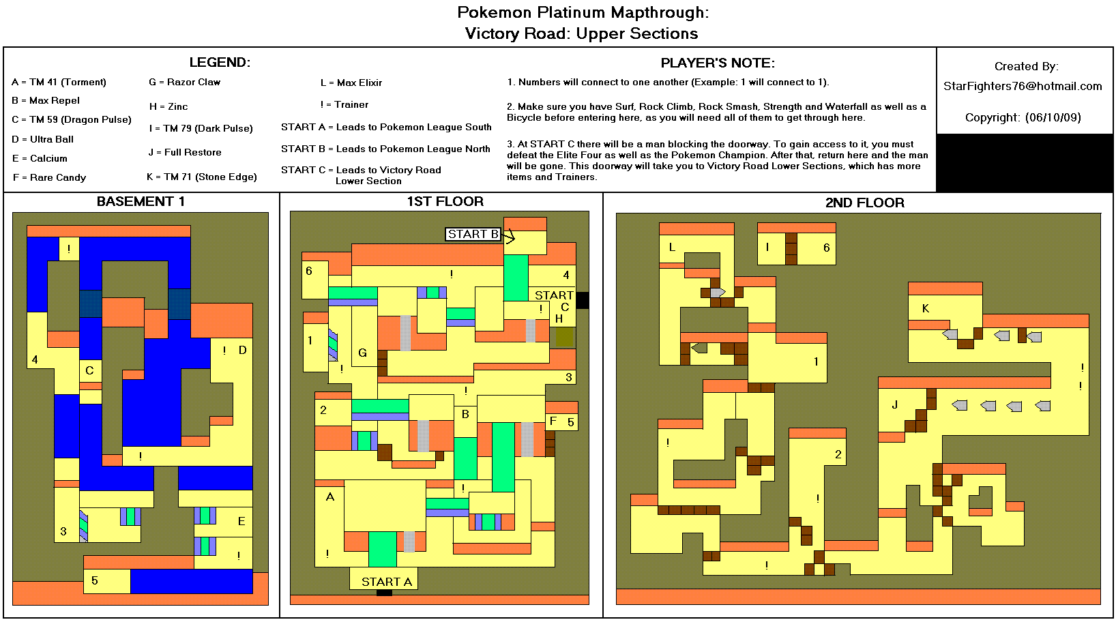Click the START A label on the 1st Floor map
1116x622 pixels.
[x=386, y=582]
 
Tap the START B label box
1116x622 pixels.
[x=473, y=234]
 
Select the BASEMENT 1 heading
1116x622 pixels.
[x=141, y=201]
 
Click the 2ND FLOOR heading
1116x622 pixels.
[x=864, y=203]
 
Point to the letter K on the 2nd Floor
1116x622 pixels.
[x=926, y=308]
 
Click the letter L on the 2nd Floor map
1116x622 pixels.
[x=672, y=248]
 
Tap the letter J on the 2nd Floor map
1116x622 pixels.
[x=894, y=404]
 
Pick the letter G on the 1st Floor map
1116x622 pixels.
[x=362, y=353]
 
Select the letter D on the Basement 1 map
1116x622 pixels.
[x=242, y=350]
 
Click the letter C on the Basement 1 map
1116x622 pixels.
[x=89, y=370]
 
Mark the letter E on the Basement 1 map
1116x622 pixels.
[x=241, y=521]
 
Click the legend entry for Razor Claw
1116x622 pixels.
[x=185, y=82]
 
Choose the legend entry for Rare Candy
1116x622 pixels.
[x=50, y=177]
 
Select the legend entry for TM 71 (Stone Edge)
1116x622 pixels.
[x=202, y=177]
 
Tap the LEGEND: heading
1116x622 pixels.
[x=220, y=63]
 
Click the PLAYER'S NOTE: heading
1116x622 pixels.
[x=718, y=63]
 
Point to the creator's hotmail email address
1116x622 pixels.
[x=1023, y=86]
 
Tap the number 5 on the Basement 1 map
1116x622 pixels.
[x=95, y=580]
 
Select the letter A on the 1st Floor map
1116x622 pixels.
[x=330, y=497]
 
